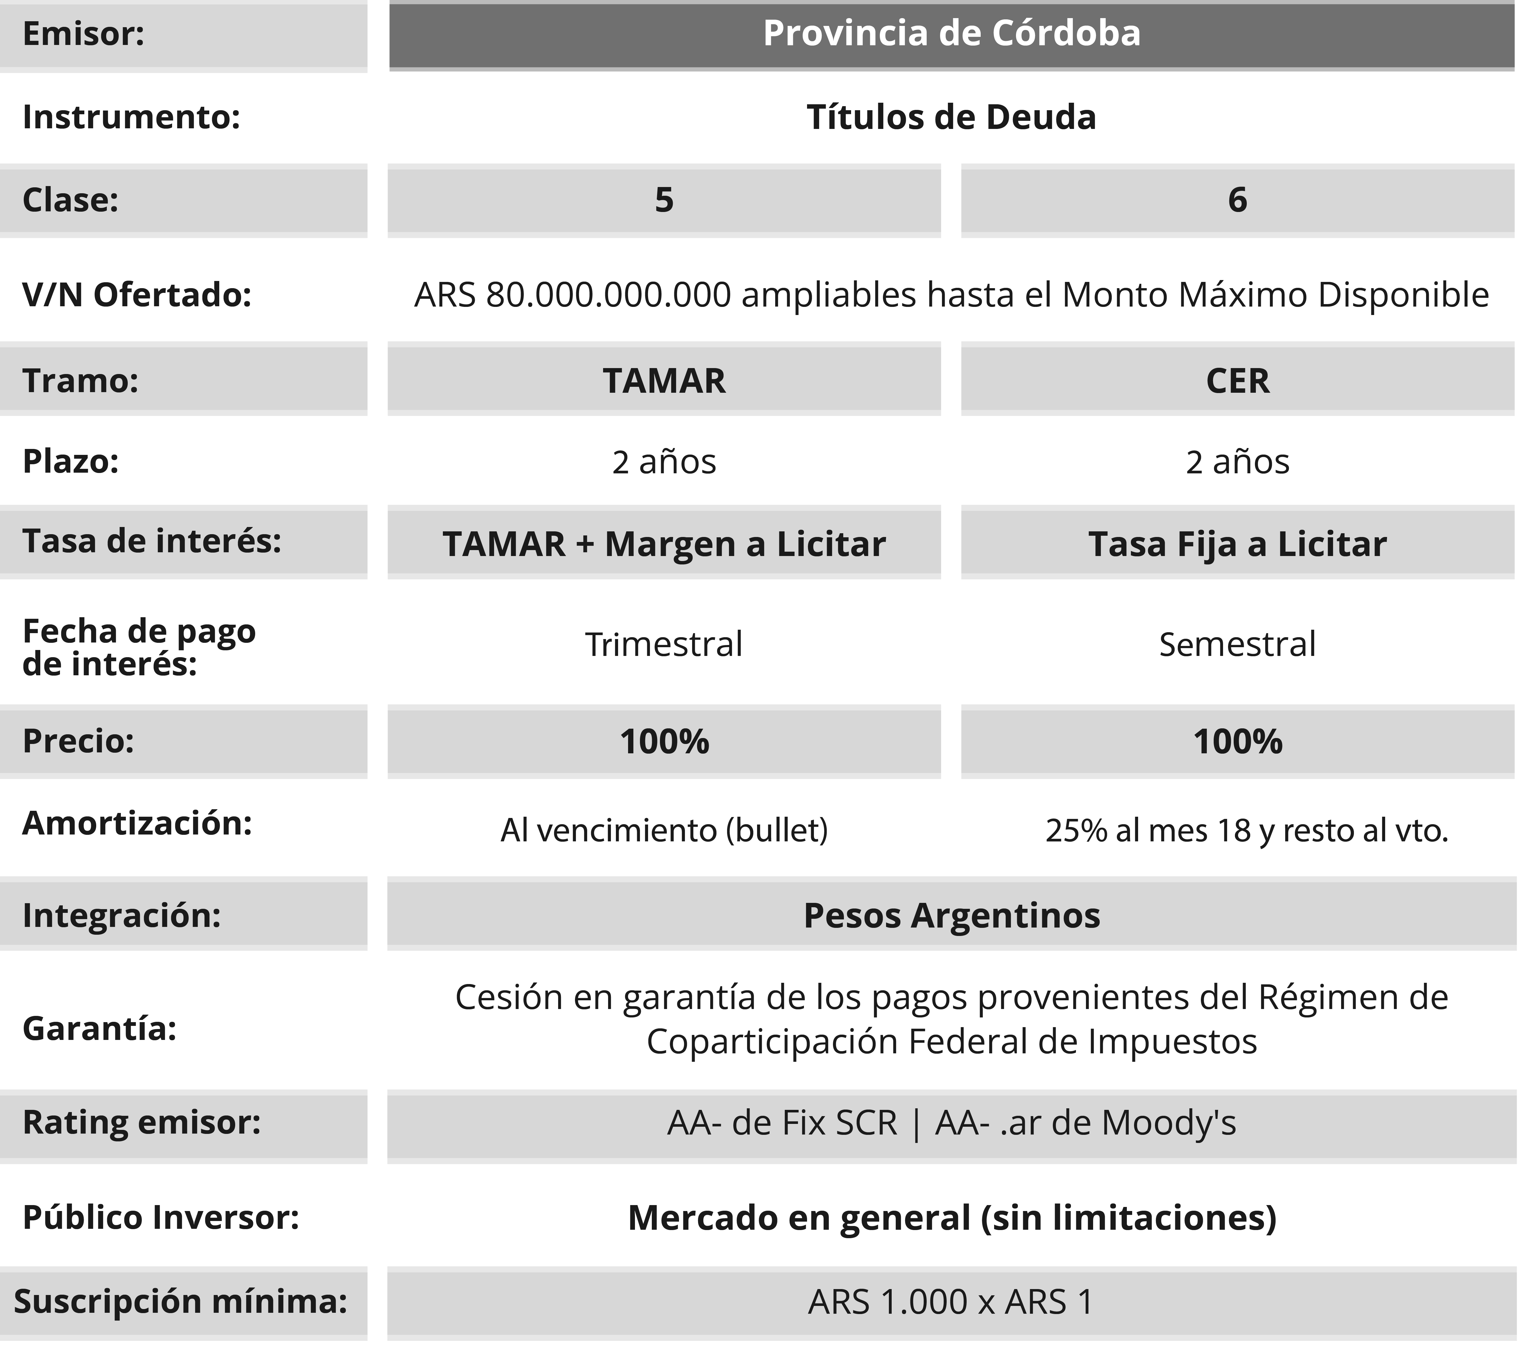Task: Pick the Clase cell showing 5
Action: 664,200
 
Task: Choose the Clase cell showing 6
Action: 1237,200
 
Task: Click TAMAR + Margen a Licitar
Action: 664,544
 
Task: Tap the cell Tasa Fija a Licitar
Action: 1237,544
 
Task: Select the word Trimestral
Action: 664,644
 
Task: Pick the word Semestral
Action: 1237,644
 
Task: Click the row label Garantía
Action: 99,1028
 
